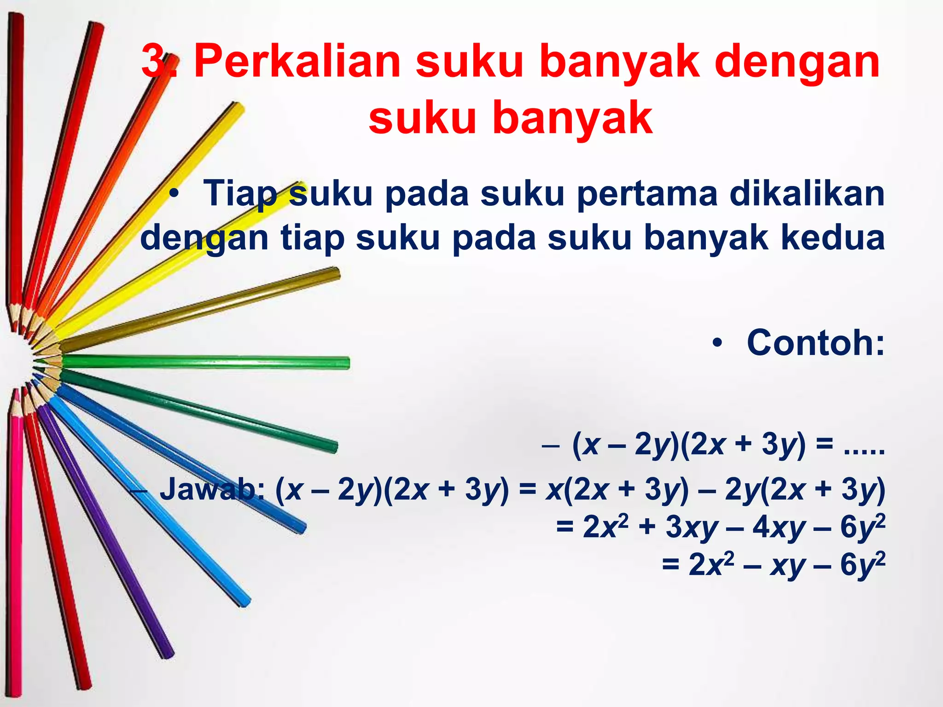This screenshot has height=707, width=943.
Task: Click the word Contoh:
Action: [x=815, y=343]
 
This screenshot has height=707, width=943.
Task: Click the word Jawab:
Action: [x=212, y=489]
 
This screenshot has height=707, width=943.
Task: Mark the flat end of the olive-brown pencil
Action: [x=338, y=274]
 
